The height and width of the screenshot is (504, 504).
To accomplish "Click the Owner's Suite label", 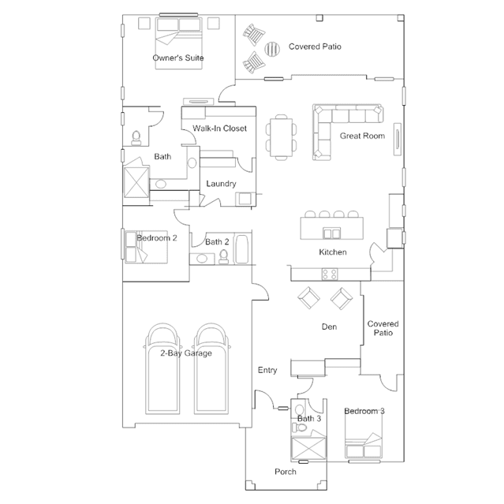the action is tap(178, 58).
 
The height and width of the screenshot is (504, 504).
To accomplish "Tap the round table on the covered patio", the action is tap(272, 49).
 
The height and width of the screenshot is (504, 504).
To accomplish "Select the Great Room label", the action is tap(362, 136).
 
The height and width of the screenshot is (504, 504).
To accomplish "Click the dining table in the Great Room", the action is tap(282, 137).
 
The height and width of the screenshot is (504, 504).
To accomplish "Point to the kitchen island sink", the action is tap(331, 233).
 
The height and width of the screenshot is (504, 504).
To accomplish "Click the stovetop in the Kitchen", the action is tap(330, 274).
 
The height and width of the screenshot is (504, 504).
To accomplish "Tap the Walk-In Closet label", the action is tap(219, 129).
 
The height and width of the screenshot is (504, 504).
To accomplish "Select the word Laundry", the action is tap(221, 184).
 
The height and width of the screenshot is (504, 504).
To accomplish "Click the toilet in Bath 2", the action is tap(223, 256).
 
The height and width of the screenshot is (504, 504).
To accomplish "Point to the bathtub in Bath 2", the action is tap(242, 249).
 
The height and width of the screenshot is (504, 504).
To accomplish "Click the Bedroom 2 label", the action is tap(157, 238).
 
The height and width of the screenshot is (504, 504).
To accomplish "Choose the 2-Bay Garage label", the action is tap(186, 353).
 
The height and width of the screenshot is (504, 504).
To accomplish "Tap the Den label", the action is tap(329, 327).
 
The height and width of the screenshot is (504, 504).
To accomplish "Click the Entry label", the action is tap(267, 370).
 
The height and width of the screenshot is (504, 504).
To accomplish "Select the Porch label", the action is tap(286, 472).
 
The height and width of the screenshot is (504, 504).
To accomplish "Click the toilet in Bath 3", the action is tap(299, 427).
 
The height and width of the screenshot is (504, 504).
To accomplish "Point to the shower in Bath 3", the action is tap(308, 449).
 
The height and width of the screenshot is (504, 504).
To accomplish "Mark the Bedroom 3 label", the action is tap(364, 411).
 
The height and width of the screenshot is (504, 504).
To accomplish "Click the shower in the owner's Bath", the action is tap(136, 181).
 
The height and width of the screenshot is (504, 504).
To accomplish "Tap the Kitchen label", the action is tap(333, 252).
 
